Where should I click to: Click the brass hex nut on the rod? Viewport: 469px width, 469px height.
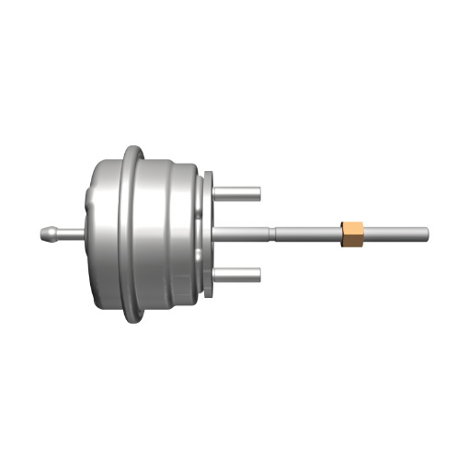351,234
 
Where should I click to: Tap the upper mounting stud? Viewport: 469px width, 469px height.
241,194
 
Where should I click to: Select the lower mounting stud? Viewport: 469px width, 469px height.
241,274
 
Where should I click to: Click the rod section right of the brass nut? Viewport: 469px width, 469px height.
395,233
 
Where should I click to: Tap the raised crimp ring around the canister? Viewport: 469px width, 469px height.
133,234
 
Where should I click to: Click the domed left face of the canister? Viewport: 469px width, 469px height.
99,234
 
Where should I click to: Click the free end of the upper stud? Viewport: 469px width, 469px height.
258,194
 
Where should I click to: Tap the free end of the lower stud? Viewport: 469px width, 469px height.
258,274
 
